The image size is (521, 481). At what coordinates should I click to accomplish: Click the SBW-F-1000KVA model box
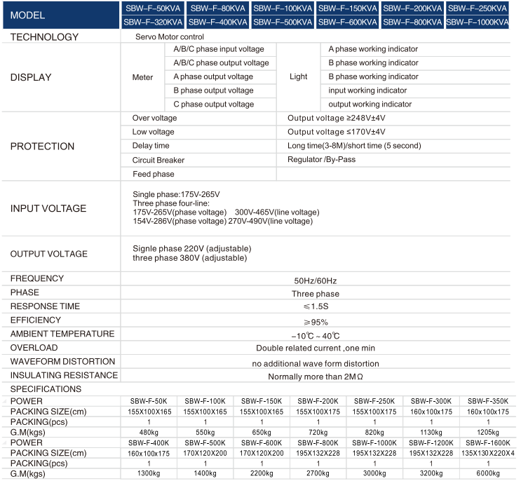(x=478, y=22)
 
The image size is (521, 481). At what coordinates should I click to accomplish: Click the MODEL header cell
(x=60, y=15)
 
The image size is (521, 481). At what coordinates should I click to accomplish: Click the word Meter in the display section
(x=142, y=77)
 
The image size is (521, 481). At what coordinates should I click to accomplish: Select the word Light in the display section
(x=299, y=77)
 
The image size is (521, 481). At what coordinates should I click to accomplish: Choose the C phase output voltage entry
(x=213, y=104)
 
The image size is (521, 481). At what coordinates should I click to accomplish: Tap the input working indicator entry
(x=367, y=90)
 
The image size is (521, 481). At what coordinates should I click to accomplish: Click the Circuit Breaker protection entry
(x=158, y=160)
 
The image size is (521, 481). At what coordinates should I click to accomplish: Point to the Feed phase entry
(x=154, y=174)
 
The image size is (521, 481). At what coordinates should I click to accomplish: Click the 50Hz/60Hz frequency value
(x=315, y=280)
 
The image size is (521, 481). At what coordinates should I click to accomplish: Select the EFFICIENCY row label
(x=36, y=320)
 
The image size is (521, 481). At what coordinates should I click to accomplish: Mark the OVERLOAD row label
(x=34, y=347)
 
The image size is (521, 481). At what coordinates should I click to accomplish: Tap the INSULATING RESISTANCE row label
(x=64, y=375)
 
